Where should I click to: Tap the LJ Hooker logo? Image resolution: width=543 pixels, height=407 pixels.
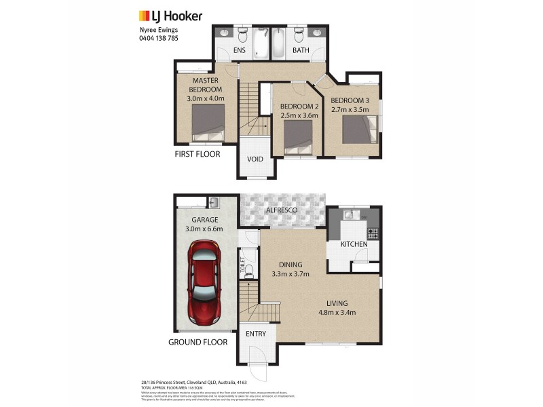point(170,15)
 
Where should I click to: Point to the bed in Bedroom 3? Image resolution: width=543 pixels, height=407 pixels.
point(359,130)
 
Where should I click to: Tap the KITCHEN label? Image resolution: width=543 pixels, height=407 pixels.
point(354,244)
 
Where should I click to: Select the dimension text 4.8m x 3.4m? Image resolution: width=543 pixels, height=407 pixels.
point(337,313)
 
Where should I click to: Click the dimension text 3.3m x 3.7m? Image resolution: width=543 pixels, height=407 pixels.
point(290,274)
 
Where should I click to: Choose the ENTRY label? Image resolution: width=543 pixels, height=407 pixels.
point(257,333)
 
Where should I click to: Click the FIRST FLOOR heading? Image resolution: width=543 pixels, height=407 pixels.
point(197,154)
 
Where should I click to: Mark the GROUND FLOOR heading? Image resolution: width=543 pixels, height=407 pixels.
point(198,343)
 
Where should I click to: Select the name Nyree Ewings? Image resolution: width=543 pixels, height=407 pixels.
point(150,29)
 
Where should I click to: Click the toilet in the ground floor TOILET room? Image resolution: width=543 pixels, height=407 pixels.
point(248,273)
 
